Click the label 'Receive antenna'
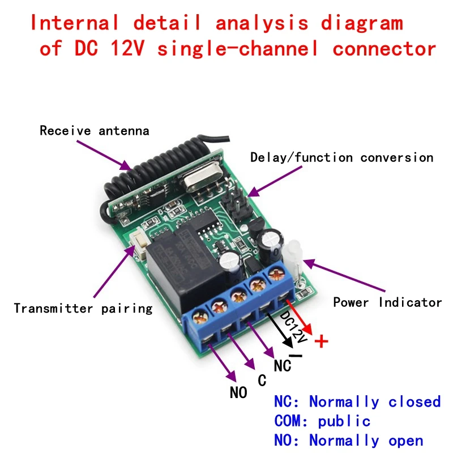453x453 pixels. point(94,131)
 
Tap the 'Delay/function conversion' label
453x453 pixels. point(341,157)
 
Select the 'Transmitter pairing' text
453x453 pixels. point(83,309)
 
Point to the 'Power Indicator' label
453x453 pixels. point(387,302)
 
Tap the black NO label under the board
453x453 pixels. point(238,392)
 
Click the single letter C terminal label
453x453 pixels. point(262,381)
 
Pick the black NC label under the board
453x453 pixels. point(283,366)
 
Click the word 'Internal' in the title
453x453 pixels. point(74,23)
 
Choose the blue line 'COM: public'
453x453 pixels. point(322,421)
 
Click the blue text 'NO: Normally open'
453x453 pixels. point(349,441)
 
